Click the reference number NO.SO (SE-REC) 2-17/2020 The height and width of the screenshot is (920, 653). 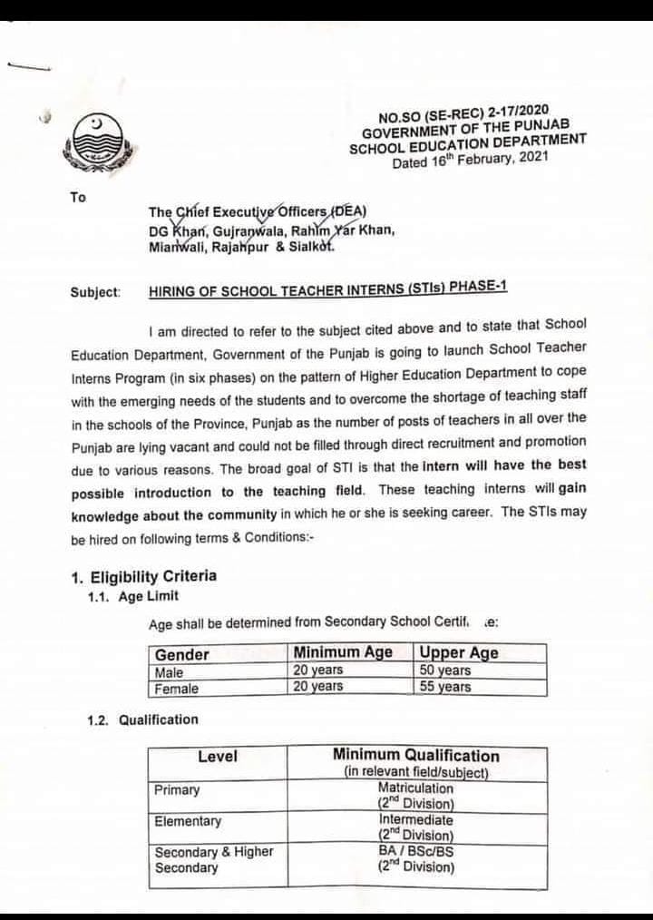(x=463, y=115)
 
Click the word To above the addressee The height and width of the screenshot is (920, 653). (x=78, y=196)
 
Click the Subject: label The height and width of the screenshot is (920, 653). (x=94, y=292)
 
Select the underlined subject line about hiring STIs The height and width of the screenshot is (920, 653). (x=327, y=289)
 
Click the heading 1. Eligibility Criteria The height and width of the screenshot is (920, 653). (x=144, y=576)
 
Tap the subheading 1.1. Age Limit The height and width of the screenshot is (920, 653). (x=132, y=596)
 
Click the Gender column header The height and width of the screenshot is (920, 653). (x=182, y=654)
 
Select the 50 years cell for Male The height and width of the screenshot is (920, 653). (x=444, y=671)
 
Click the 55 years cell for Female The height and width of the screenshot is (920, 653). (x=444, y=687)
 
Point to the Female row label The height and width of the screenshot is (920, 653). (x=176, y=688)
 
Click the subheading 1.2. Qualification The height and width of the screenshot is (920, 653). (x=142, y=719)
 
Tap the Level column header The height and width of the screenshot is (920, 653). (x=218, y=756)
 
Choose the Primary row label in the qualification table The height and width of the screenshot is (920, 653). (x=177, y=789)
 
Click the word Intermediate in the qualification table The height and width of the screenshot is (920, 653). (x=415, y=819)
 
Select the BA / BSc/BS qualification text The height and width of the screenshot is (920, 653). (x=416, y=851)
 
